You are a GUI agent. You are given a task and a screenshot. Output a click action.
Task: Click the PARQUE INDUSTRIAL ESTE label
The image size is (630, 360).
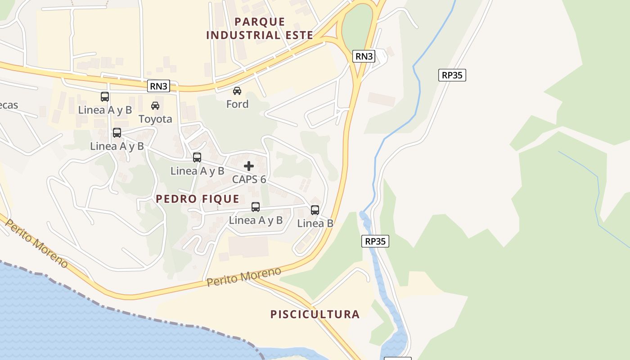tap(260, 28)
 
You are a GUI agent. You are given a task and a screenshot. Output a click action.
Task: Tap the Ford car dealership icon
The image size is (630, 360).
tap(237, 91)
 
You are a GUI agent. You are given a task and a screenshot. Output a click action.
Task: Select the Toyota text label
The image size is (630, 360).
tap(155, 119)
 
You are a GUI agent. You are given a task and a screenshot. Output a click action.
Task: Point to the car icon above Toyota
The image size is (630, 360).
tap(155, 106)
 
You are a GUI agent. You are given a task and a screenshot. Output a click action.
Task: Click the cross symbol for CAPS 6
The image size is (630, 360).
tap(249, 166)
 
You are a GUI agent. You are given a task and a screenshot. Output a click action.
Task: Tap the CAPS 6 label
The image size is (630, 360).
tap(249, 179)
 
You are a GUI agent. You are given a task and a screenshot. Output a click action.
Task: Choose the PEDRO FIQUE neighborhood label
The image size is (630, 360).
tap(198, 199)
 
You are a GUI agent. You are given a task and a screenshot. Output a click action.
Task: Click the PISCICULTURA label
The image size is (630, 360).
tap(315, 314)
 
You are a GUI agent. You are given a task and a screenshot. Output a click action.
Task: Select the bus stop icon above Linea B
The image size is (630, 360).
tap(315, 210)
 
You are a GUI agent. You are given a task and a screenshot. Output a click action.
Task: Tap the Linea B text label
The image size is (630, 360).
tap(315, 223)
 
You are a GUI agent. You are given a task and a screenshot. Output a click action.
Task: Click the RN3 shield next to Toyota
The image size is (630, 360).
tap(158, 86)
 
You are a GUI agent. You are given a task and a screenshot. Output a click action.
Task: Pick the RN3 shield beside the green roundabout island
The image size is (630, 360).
tap(364, 56)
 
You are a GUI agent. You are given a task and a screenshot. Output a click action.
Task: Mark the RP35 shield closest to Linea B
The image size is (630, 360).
tap(375, 241)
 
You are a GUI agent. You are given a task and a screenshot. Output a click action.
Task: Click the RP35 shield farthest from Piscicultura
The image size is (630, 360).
tap(452, 75)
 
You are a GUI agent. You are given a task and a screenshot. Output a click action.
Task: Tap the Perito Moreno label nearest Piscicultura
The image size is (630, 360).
tap(244, 276)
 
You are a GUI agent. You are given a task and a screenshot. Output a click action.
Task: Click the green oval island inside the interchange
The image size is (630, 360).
tap(358, 27)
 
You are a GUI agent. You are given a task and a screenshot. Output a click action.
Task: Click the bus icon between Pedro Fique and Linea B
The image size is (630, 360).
tap(256, 207)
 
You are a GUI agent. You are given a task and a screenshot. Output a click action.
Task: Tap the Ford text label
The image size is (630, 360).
tap(237, 104)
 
